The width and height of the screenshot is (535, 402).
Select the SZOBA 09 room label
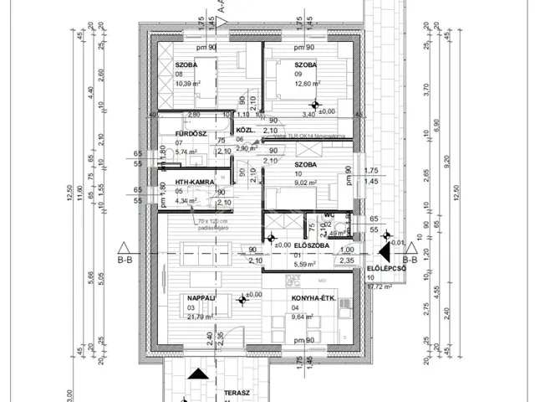click(305, 64)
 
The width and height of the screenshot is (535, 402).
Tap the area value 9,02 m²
click(306, 183)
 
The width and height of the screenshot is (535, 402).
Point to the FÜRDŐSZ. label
click(191, 134)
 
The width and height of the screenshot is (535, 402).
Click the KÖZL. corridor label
click(245, 131)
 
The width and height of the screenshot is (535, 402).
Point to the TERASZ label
click(224, 392)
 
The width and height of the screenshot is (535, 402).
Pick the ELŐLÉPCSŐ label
click(385, 269)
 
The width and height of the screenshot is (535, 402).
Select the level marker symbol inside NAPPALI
click(242, 298)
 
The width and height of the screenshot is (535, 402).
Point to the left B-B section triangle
click(124, 248)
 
